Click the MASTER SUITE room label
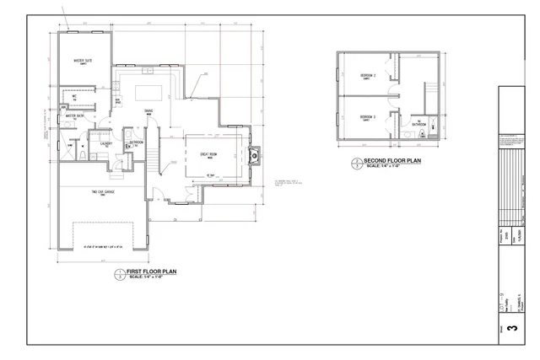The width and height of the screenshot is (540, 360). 82,61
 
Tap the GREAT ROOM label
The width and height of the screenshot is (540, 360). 209,154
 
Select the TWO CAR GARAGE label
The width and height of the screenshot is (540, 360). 103,192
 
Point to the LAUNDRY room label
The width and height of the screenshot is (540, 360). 106,143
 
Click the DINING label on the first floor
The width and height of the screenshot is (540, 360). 148,110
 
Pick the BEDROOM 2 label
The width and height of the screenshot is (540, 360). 367,76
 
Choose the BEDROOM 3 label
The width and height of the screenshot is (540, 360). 367,116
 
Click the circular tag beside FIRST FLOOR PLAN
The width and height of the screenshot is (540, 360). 119,274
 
